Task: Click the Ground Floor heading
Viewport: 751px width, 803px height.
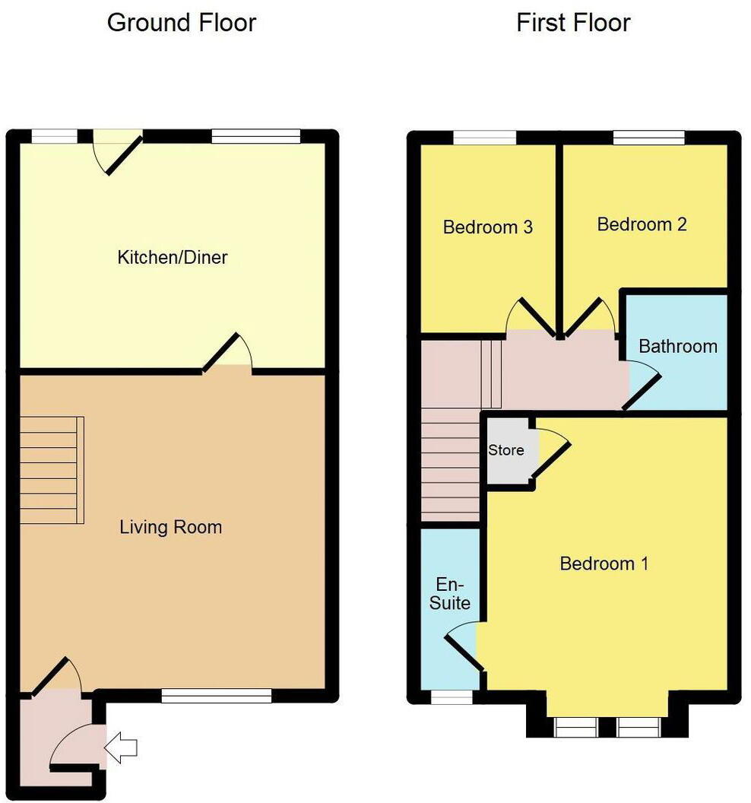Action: click(181, 23)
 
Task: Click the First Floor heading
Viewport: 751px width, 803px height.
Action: click(573, 23)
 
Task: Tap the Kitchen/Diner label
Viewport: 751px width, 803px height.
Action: click(172, 258)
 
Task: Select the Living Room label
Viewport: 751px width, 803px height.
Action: click(171, 527)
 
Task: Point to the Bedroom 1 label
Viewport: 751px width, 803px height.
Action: click(604, 563)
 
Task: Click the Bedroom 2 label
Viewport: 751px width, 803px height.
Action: click(642, 224)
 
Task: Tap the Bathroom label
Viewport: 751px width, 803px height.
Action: click(677, 347)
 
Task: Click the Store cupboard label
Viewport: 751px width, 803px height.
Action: click(505, 450)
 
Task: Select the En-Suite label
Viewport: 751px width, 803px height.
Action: click(449, 594)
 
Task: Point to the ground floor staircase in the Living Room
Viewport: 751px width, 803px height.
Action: click(52, 470)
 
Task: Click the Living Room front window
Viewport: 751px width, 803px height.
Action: click(217, 694)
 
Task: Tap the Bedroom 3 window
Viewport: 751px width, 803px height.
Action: click(484, 138)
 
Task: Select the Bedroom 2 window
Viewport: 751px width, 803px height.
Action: click(648, 138)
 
